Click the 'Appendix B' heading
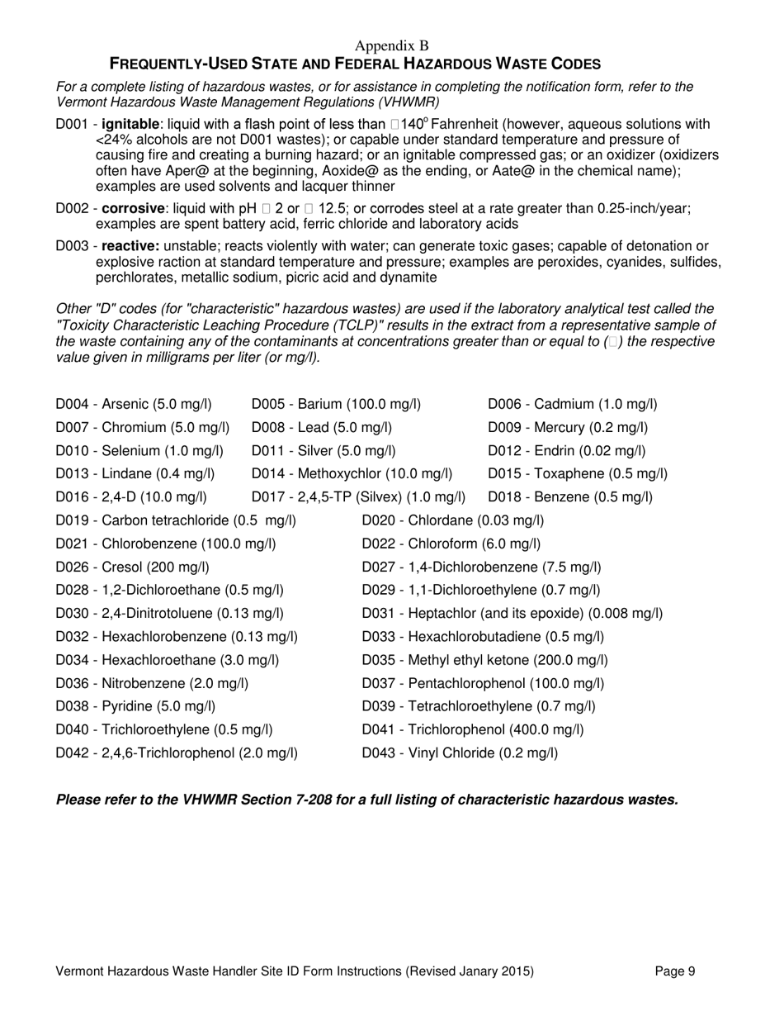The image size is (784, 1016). click(x=392, y=45)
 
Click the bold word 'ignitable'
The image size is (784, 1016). click(x=130, y=125)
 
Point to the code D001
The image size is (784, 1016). click(x=71, y=125)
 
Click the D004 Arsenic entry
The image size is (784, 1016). click(x=133, y=404)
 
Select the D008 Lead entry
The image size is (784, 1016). click(x=321, y=427)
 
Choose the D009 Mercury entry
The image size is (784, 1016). click(x=568, y=427)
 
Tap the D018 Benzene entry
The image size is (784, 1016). click(x=570, y=496)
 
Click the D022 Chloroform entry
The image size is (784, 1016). click(x=451, y=543)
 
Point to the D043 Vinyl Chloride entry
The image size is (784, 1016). click(x=460, y=753)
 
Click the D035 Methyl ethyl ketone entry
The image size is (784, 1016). click(x=485, y=660)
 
